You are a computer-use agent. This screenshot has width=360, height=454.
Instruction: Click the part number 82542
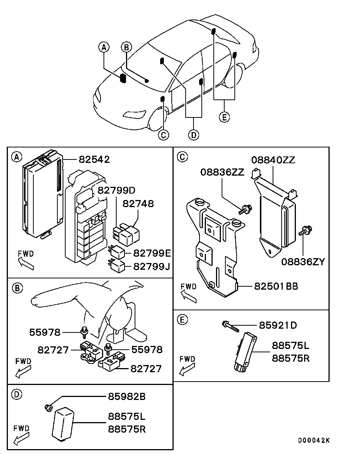tap(94, 159)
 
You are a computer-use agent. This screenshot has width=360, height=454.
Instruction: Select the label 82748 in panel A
tap(138, 204)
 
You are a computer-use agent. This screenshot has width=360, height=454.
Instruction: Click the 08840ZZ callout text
tap(273, 160)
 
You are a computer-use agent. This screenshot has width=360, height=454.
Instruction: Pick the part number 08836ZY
tap(303, 261)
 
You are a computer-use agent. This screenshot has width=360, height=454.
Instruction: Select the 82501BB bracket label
tap(276, 286)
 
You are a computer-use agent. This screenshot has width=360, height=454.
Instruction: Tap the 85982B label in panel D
tap(127, 396)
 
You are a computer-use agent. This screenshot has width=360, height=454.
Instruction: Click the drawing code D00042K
tap(314, 440)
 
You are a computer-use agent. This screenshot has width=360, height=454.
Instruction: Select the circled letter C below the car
tap(163, 135)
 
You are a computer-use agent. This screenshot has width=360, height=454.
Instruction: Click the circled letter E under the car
tap(224, 117)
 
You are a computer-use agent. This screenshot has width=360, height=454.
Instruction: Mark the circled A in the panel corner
tap(16, 157)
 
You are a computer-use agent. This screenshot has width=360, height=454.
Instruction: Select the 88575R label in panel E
tap(291, 358)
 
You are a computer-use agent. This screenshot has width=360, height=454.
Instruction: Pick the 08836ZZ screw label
tap(222, 172)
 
